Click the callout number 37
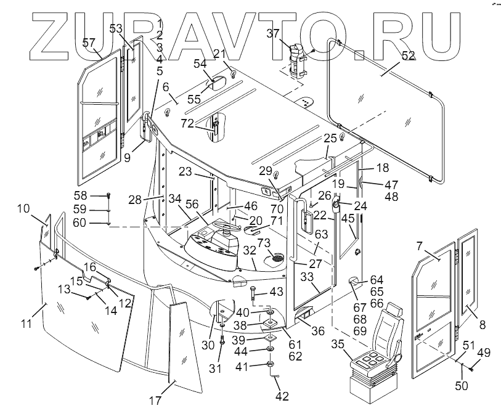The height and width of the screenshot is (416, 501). pos(273,33)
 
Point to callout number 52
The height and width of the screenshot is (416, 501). pos(408,55)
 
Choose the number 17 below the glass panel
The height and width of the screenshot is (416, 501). pos(155,401)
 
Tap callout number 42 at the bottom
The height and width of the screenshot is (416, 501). pos(282,396)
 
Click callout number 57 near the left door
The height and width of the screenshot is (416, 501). pos(89,43)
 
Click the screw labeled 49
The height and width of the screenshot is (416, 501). pos(472,369)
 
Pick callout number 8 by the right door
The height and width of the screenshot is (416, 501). pos(483,325)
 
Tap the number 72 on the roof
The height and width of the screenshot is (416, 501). pos(187,123)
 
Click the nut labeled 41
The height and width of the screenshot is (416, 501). pos(270,364)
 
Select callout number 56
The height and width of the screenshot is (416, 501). pos(192,204)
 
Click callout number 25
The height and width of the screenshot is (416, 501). pos(330,138)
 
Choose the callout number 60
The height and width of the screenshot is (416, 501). pos(79,222)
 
